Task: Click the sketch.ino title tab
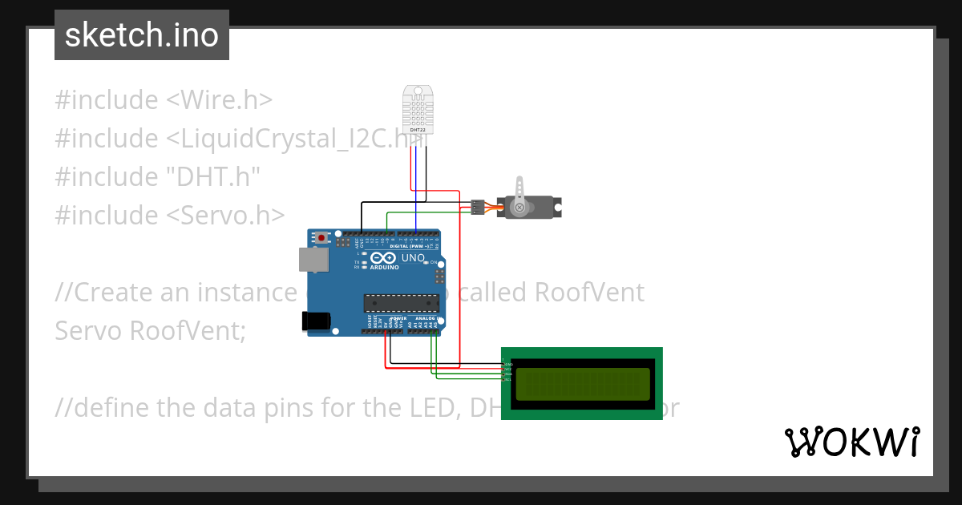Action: [x=142, y=35]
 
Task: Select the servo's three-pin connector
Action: [x=476, y=207]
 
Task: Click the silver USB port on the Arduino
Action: [x=313, y=259]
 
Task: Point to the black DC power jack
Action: [x=315, y=320]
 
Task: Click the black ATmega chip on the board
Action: [x=402, y=302]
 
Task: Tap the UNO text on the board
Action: [x=413, y=258]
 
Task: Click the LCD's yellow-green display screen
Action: [x=582, y=384]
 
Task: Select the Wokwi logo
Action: [x=851, y=442]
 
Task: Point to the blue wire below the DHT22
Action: [x=416, y=188]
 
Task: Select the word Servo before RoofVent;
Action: [x=88, y=330]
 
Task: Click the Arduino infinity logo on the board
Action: [x=384, y=258]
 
